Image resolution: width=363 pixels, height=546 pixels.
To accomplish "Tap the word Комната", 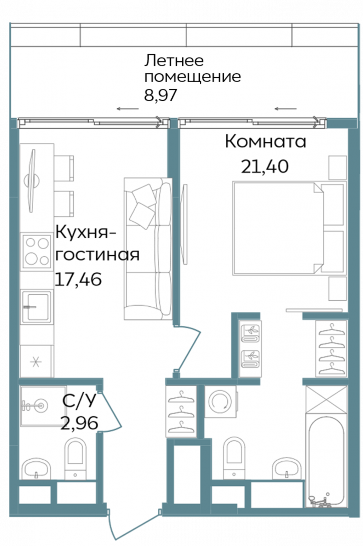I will point(265,141).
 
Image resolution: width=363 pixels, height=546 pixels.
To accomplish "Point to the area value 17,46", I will point(78,278).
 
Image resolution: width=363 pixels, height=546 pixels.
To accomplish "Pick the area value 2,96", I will point(79,424).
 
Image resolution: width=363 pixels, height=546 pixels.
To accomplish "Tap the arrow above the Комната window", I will point(286,108).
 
